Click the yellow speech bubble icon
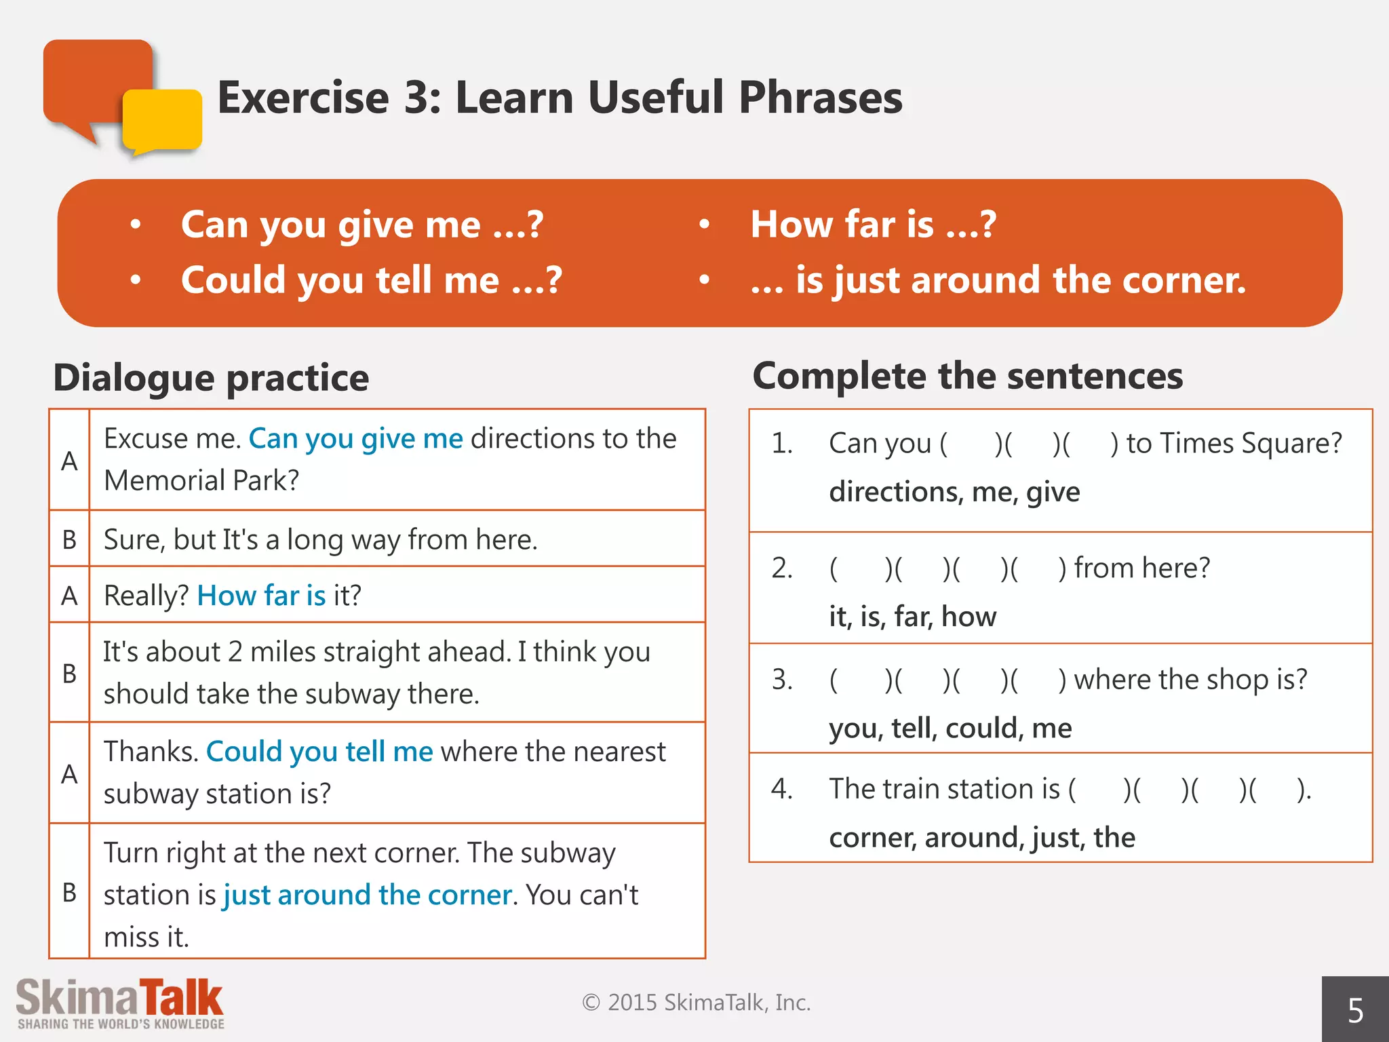coord(163,120)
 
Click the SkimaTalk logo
coord(120,1003)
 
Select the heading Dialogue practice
coord(211,377)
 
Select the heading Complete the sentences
coord(967,375)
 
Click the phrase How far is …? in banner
coord(873,224)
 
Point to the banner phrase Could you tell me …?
coord(371,279)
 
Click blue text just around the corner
coord(367,895)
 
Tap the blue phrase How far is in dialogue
coord(261,596)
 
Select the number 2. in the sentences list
coord(782,568)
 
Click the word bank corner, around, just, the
coord(981,837)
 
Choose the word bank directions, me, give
coord(954,491)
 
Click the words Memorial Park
coord(201,480)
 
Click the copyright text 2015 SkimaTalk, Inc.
coord(697,1002)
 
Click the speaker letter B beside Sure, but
coord(69,540)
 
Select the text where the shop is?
coord(1190,679)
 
